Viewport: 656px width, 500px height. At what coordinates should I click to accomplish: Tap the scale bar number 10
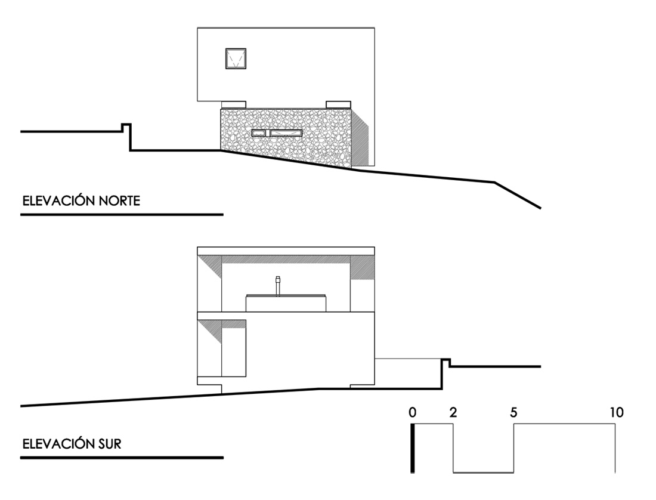[x=617, y=412]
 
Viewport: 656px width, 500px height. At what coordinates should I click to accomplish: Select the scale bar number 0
[x=413, y=412]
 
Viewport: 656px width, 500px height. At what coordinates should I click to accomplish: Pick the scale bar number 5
[x=514, y=412]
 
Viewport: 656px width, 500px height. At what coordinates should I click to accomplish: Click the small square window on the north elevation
[x=236, y=58]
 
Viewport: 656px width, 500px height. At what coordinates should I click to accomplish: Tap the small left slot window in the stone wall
[x=259, y=133]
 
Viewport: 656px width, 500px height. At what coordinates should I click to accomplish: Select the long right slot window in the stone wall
[x=286, y=133]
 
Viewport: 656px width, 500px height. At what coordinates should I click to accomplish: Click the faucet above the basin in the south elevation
[x=278, y=285]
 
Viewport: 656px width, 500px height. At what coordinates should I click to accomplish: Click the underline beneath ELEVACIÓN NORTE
[x=122, y=214]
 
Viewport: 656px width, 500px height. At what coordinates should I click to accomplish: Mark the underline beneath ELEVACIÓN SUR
[x=122, y=458]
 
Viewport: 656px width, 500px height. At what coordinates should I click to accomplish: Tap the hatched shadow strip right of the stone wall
[x=361, y=138]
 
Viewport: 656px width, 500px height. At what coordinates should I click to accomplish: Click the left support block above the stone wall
[x=233, y=104]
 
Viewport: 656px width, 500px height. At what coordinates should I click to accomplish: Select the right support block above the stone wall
[x=338, y=104]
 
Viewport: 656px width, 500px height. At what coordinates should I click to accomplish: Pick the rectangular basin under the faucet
[x=286, y=303]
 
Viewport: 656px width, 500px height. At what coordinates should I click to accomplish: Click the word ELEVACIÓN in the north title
[x=57, y=201]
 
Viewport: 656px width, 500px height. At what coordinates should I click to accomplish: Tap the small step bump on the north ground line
[x=126, y=127]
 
